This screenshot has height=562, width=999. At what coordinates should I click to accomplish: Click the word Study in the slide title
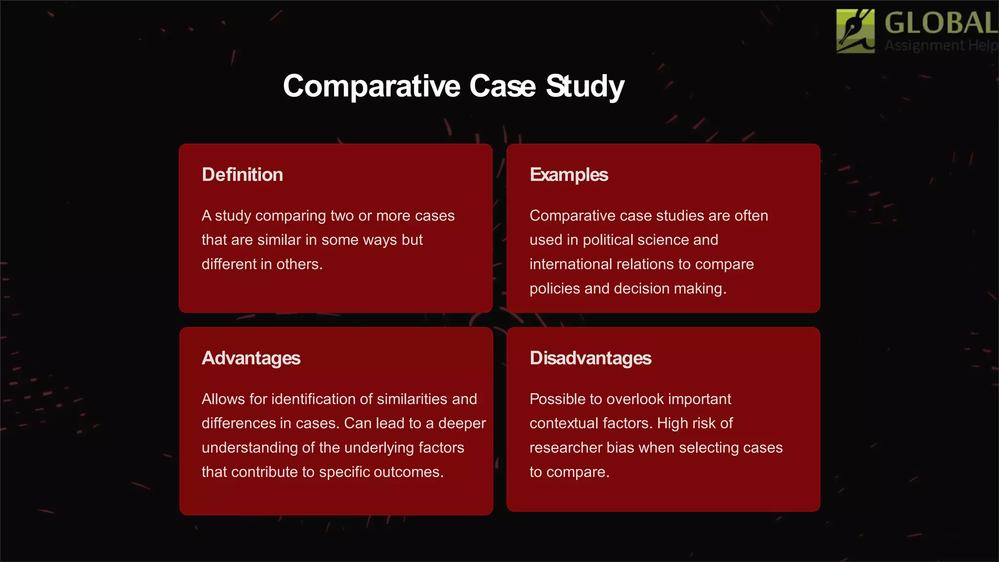[585, 86]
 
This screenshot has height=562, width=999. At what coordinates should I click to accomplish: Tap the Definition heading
[242, 175]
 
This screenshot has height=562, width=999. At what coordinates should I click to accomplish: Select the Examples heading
[569, 175]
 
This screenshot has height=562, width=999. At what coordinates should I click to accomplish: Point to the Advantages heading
[251, 358]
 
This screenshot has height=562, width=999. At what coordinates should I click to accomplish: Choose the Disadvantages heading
[590, 358]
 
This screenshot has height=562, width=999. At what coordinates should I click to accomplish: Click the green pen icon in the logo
[855, 31]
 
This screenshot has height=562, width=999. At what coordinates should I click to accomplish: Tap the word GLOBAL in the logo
[940, 23]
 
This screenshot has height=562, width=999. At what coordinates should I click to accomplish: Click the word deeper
[462, 423]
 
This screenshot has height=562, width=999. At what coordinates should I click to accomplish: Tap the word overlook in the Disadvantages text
[635, 399]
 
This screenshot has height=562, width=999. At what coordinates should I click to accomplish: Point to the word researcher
[565, 448]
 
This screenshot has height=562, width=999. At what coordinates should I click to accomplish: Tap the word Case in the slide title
[502, 86]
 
